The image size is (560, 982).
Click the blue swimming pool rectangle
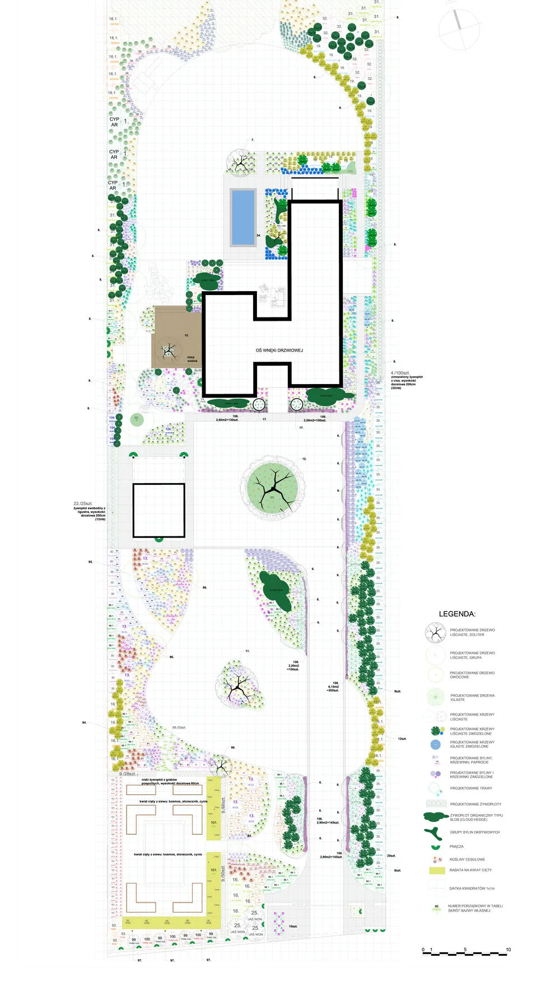click(x=243, y=217)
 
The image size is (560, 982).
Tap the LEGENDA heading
click(x=457, y=614)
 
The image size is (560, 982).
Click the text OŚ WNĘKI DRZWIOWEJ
click(x=279, y=350)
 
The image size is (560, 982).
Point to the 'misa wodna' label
click(x=192, y=359)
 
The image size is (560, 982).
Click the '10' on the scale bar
click(x=508, y=950)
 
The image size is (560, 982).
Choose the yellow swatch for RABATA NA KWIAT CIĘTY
click(x=437, y=871)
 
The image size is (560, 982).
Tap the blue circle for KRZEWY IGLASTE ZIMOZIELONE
click(x=436, y=744)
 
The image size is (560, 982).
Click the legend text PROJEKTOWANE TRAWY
click(x=471, y=788)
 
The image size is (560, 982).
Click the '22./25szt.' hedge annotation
click(x=83, y=503)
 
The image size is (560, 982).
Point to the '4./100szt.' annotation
click(x=400, y=373)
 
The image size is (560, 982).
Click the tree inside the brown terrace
click(x=169, y=350)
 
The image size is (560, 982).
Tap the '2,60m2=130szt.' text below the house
click(x=227, y=420)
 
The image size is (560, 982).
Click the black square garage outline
click(x=158, y=510)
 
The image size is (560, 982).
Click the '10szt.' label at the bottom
click(x=293, y=927)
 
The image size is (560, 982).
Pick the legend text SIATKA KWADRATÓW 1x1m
click(x=472, y=889)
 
